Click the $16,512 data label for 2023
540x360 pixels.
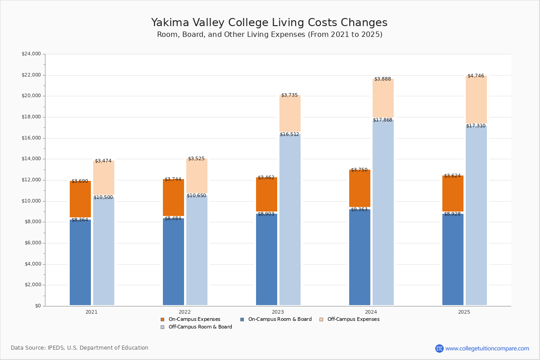(289, 134)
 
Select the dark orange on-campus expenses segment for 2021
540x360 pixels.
(80, 199)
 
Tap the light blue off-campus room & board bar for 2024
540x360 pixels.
(383, 212)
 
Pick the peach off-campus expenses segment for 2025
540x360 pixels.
(476, 99)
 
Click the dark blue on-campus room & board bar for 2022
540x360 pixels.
(173, 261)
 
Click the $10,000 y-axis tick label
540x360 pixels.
(31, 201)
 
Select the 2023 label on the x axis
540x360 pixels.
(278, 312)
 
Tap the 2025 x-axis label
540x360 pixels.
(464, 312)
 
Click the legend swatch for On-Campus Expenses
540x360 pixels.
(162, 319)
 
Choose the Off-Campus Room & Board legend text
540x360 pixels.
(200, 327)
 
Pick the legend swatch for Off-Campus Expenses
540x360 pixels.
(321, 319)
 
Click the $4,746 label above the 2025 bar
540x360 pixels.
(476, 76)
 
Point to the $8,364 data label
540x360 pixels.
(80, 220)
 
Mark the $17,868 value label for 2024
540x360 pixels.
(382, 120)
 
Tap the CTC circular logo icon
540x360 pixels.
(439, 348)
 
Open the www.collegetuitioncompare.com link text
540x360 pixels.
(487, 348)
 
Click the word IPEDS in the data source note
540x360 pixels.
(56, 348)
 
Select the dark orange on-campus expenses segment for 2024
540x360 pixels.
(360, 188)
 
